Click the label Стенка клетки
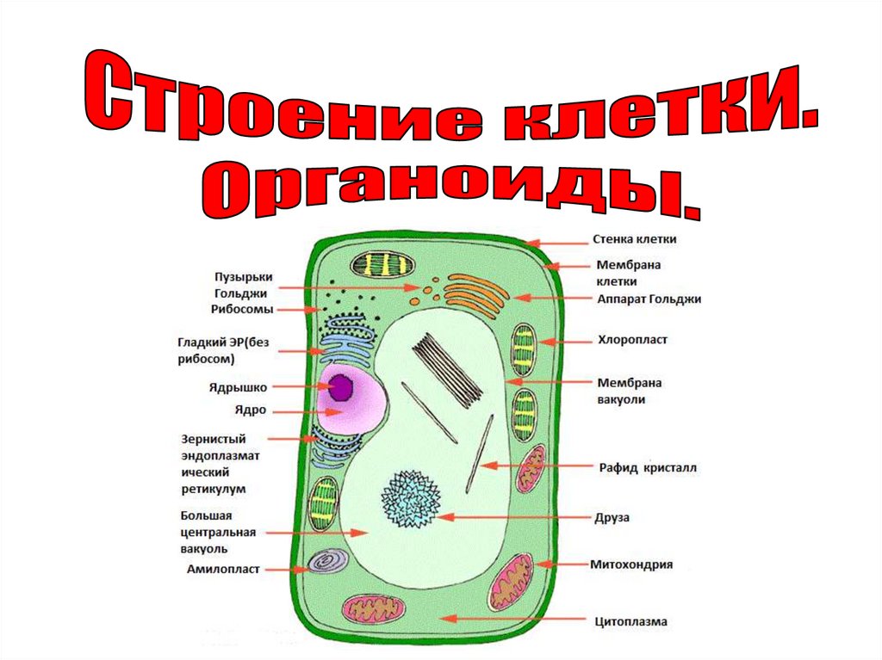tap(635, 240)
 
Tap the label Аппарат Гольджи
tap(649, 299)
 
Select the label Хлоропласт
tap(633, 340)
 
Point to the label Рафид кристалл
tap(648, 468)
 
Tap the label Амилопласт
tap(223, 569)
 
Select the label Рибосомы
tap(243, 308)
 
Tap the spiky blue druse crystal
tap(410, 499)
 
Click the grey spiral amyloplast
tap(328, 562)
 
